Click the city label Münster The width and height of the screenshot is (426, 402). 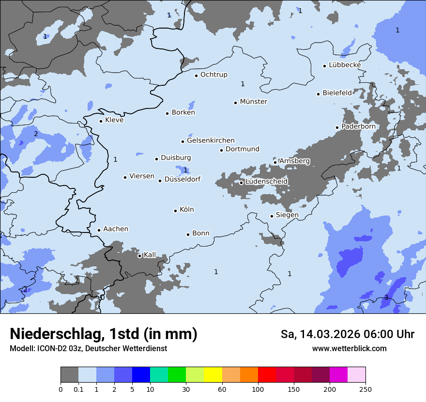click(x=254, y=102)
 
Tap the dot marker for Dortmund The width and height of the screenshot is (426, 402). click(x=221, y=150)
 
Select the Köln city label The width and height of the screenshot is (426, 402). click(x=187, y=210)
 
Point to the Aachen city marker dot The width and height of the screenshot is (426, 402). click(x=99, y=231)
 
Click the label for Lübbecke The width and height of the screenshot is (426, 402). click(x=345, y=65)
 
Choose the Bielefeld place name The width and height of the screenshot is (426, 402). click(x=337, y=93)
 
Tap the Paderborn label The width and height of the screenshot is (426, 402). click(x=358, y=126)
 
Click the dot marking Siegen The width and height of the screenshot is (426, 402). click(x=272, y=216)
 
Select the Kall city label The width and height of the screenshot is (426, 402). click(x=150, y=255)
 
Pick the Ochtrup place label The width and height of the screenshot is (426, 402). click(x=213, y=75)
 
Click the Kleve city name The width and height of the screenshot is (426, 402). click(x=114, y=120)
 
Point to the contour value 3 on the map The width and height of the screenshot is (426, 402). click(x=386, y=297)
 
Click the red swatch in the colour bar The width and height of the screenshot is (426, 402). click(x=267, y=375)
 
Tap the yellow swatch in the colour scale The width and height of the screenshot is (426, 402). click(x=213, y=375)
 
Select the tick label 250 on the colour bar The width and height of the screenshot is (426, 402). click(x=365, y=389)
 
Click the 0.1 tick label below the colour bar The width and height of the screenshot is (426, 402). click(x=78, y=389)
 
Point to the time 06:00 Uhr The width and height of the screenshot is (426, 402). click(x=387, y=334)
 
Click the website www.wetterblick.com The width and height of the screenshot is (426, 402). click(x=349, y=348)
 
